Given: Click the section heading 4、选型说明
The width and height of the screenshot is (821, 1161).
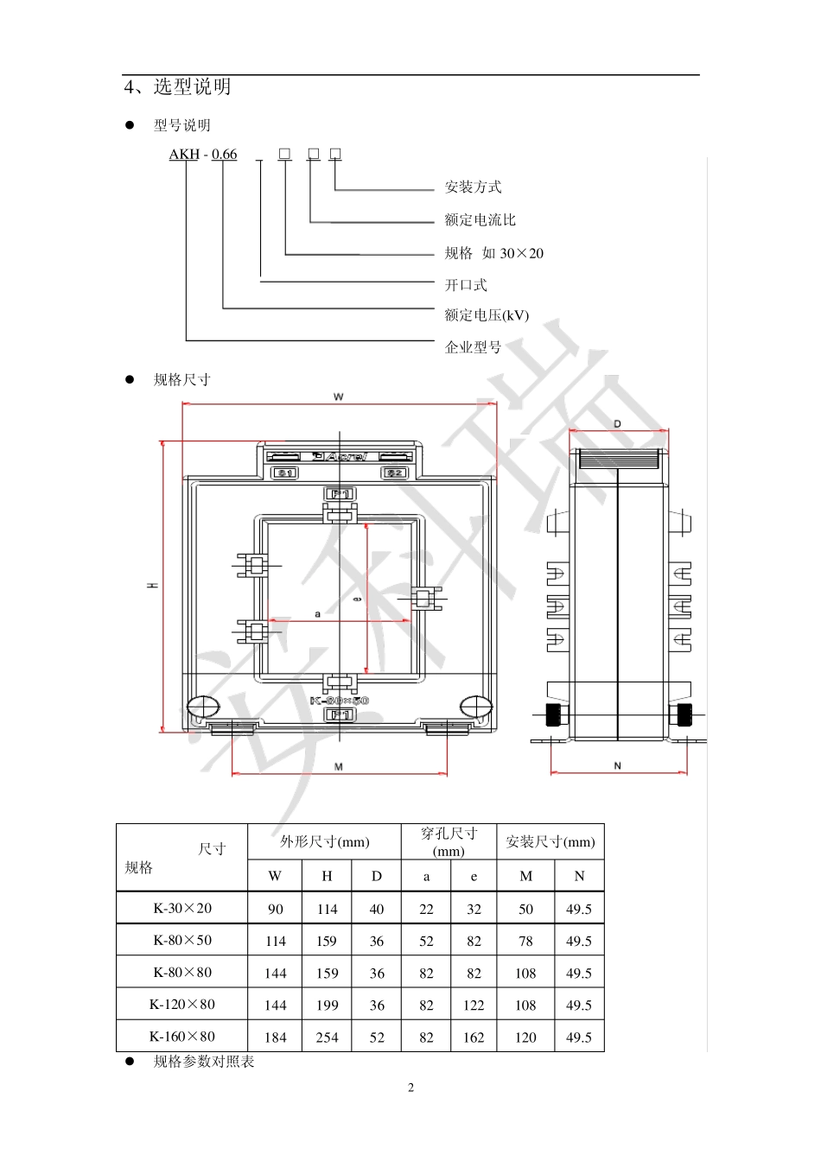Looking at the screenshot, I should (178, 87).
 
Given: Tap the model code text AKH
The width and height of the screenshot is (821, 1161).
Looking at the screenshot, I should (184, 155).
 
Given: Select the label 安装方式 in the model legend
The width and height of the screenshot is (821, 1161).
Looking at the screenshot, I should (473, 187).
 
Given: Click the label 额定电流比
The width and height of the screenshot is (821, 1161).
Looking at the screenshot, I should (480, 220).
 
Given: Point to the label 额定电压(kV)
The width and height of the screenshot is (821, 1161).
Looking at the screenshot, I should (487, 316).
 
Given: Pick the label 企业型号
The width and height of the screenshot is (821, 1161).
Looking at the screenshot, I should (473, 348).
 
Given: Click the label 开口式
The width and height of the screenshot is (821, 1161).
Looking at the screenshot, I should (466, 285).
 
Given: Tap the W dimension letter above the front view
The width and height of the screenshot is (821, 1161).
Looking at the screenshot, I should (338, 397).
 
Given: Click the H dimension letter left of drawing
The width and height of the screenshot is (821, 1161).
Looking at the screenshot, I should (153, 587).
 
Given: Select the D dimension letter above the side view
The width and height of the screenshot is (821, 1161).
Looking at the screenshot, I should (617, 424).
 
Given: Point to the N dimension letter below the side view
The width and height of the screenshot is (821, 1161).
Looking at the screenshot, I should (617, 766).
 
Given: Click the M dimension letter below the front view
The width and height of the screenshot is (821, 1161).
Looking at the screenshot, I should (339, 767).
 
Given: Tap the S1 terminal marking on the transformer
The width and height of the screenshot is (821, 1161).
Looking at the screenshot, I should (284, 473).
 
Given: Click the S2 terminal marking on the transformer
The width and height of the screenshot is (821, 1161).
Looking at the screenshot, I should (394, 473).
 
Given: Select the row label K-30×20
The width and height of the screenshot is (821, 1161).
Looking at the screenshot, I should (182, 909).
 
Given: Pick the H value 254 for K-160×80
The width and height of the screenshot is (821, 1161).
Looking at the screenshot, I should (327, 1037).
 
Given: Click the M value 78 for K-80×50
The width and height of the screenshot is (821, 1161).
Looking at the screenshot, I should (525, 942).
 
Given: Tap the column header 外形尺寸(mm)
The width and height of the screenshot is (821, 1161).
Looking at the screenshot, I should (324, 842).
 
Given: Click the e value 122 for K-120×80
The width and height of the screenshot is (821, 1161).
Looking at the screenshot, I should (474, 1006).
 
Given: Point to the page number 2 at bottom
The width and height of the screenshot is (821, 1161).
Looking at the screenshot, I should (410, 1088).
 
